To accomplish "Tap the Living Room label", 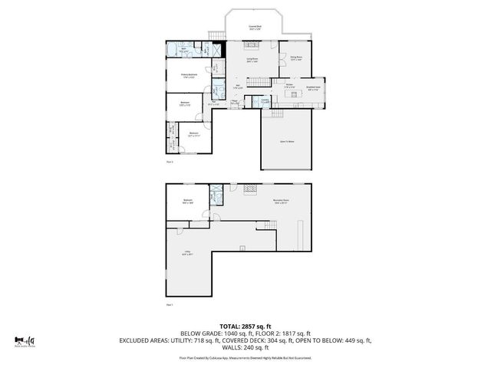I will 252,59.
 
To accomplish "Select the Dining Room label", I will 295,58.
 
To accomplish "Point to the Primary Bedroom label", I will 189,75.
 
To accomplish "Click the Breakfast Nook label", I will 315,89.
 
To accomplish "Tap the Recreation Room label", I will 280,203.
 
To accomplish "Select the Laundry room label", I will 264,100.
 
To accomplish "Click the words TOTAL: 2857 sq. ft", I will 245,326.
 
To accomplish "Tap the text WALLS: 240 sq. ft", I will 245,347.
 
